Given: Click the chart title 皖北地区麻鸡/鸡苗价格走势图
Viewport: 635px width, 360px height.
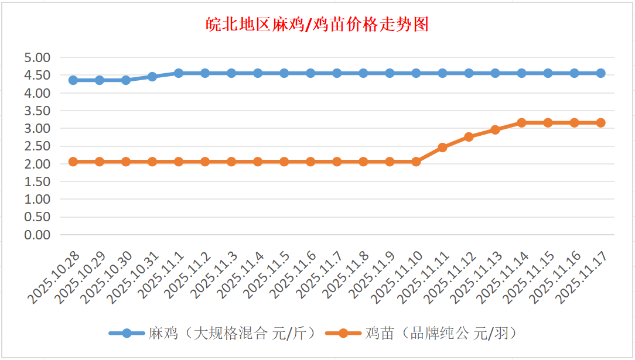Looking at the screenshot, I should [x=317, y=25].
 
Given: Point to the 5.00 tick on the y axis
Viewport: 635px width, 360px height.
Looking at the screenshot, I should [x=37, y=57].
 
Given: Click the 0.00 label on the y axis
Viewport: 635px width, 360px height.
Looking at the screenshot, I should [x=37, y=235].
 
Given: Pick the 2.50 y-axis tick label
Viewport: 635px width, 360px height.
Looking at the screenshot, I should [x=37, y=146].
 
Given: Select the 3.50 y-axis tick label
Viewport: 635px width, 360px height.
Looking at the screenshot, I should [x=37, y=111].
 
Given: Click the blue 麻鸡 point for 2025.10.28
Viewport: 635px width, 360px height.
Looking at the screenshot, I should [x=73, y=80].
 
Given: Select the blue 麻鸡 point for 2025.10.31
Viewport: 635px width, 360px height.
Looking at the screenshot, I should [x=152, y=77].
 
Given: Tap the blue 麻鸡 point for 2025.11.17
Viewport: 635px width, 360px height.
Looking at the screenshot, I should [x=600, y=73].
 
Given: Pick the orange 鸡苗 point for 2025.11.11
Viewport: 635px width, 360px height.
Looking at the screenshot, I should [x=442, y=148].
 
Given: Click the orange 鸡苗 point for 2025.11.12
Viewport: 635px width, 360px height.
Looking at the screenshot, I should [x=469, y=137].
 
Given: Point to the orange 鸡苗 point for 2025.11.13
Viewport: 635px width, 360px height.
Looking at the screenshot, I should [x=495, y=130].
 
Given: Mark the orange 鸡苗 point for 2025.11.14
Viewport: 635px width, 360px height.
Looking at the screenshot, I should [x=521, y=123].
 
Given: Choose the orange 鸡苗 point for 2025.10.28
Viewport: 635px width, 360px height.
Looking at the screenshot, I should [x=73, y=162].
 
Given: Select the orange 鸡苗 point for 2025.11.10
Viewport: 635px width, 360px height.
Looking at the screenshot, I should [x=416, y=162].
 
